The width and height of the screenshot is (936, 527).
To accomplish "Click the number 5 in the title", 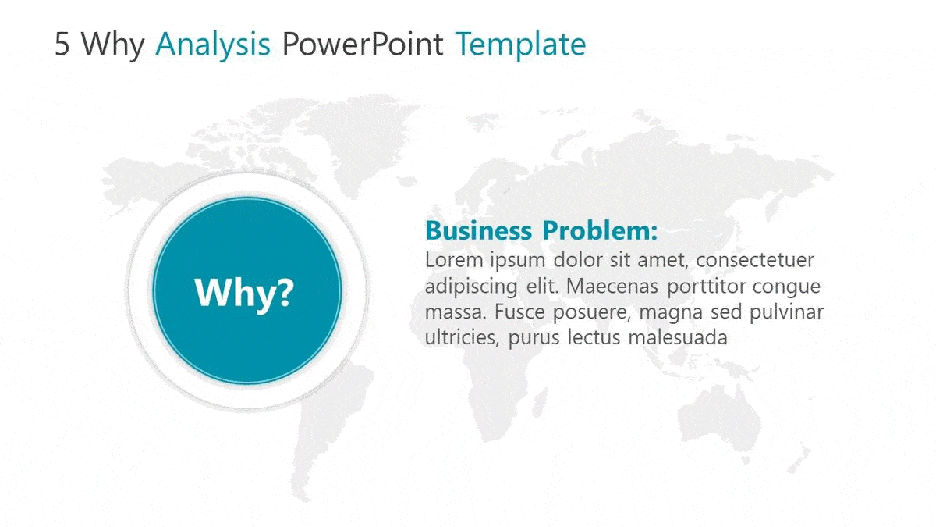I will pos(63,45).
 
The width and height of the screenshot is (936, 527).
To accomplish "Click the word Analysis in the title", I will pos(213,45).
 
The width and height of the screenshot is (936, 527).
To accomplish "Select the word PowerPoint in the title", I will pos(363,45).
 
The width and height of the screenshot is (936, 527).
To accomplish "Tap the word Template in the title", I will pos(520,45).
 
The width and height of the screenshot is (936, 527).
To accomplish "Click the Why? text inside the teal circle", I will pos(244,292).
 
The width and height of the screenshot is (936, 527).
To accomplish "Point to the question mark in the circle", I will pos(284,292).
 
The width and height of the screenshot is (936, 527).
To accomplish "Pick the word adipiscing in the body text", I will pos(470,286).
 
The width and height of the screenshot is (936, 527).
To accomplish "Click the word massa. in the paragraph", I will pos(451,312).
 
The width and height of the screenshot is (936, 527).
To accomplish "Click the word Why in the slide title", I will pos(113,45).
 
